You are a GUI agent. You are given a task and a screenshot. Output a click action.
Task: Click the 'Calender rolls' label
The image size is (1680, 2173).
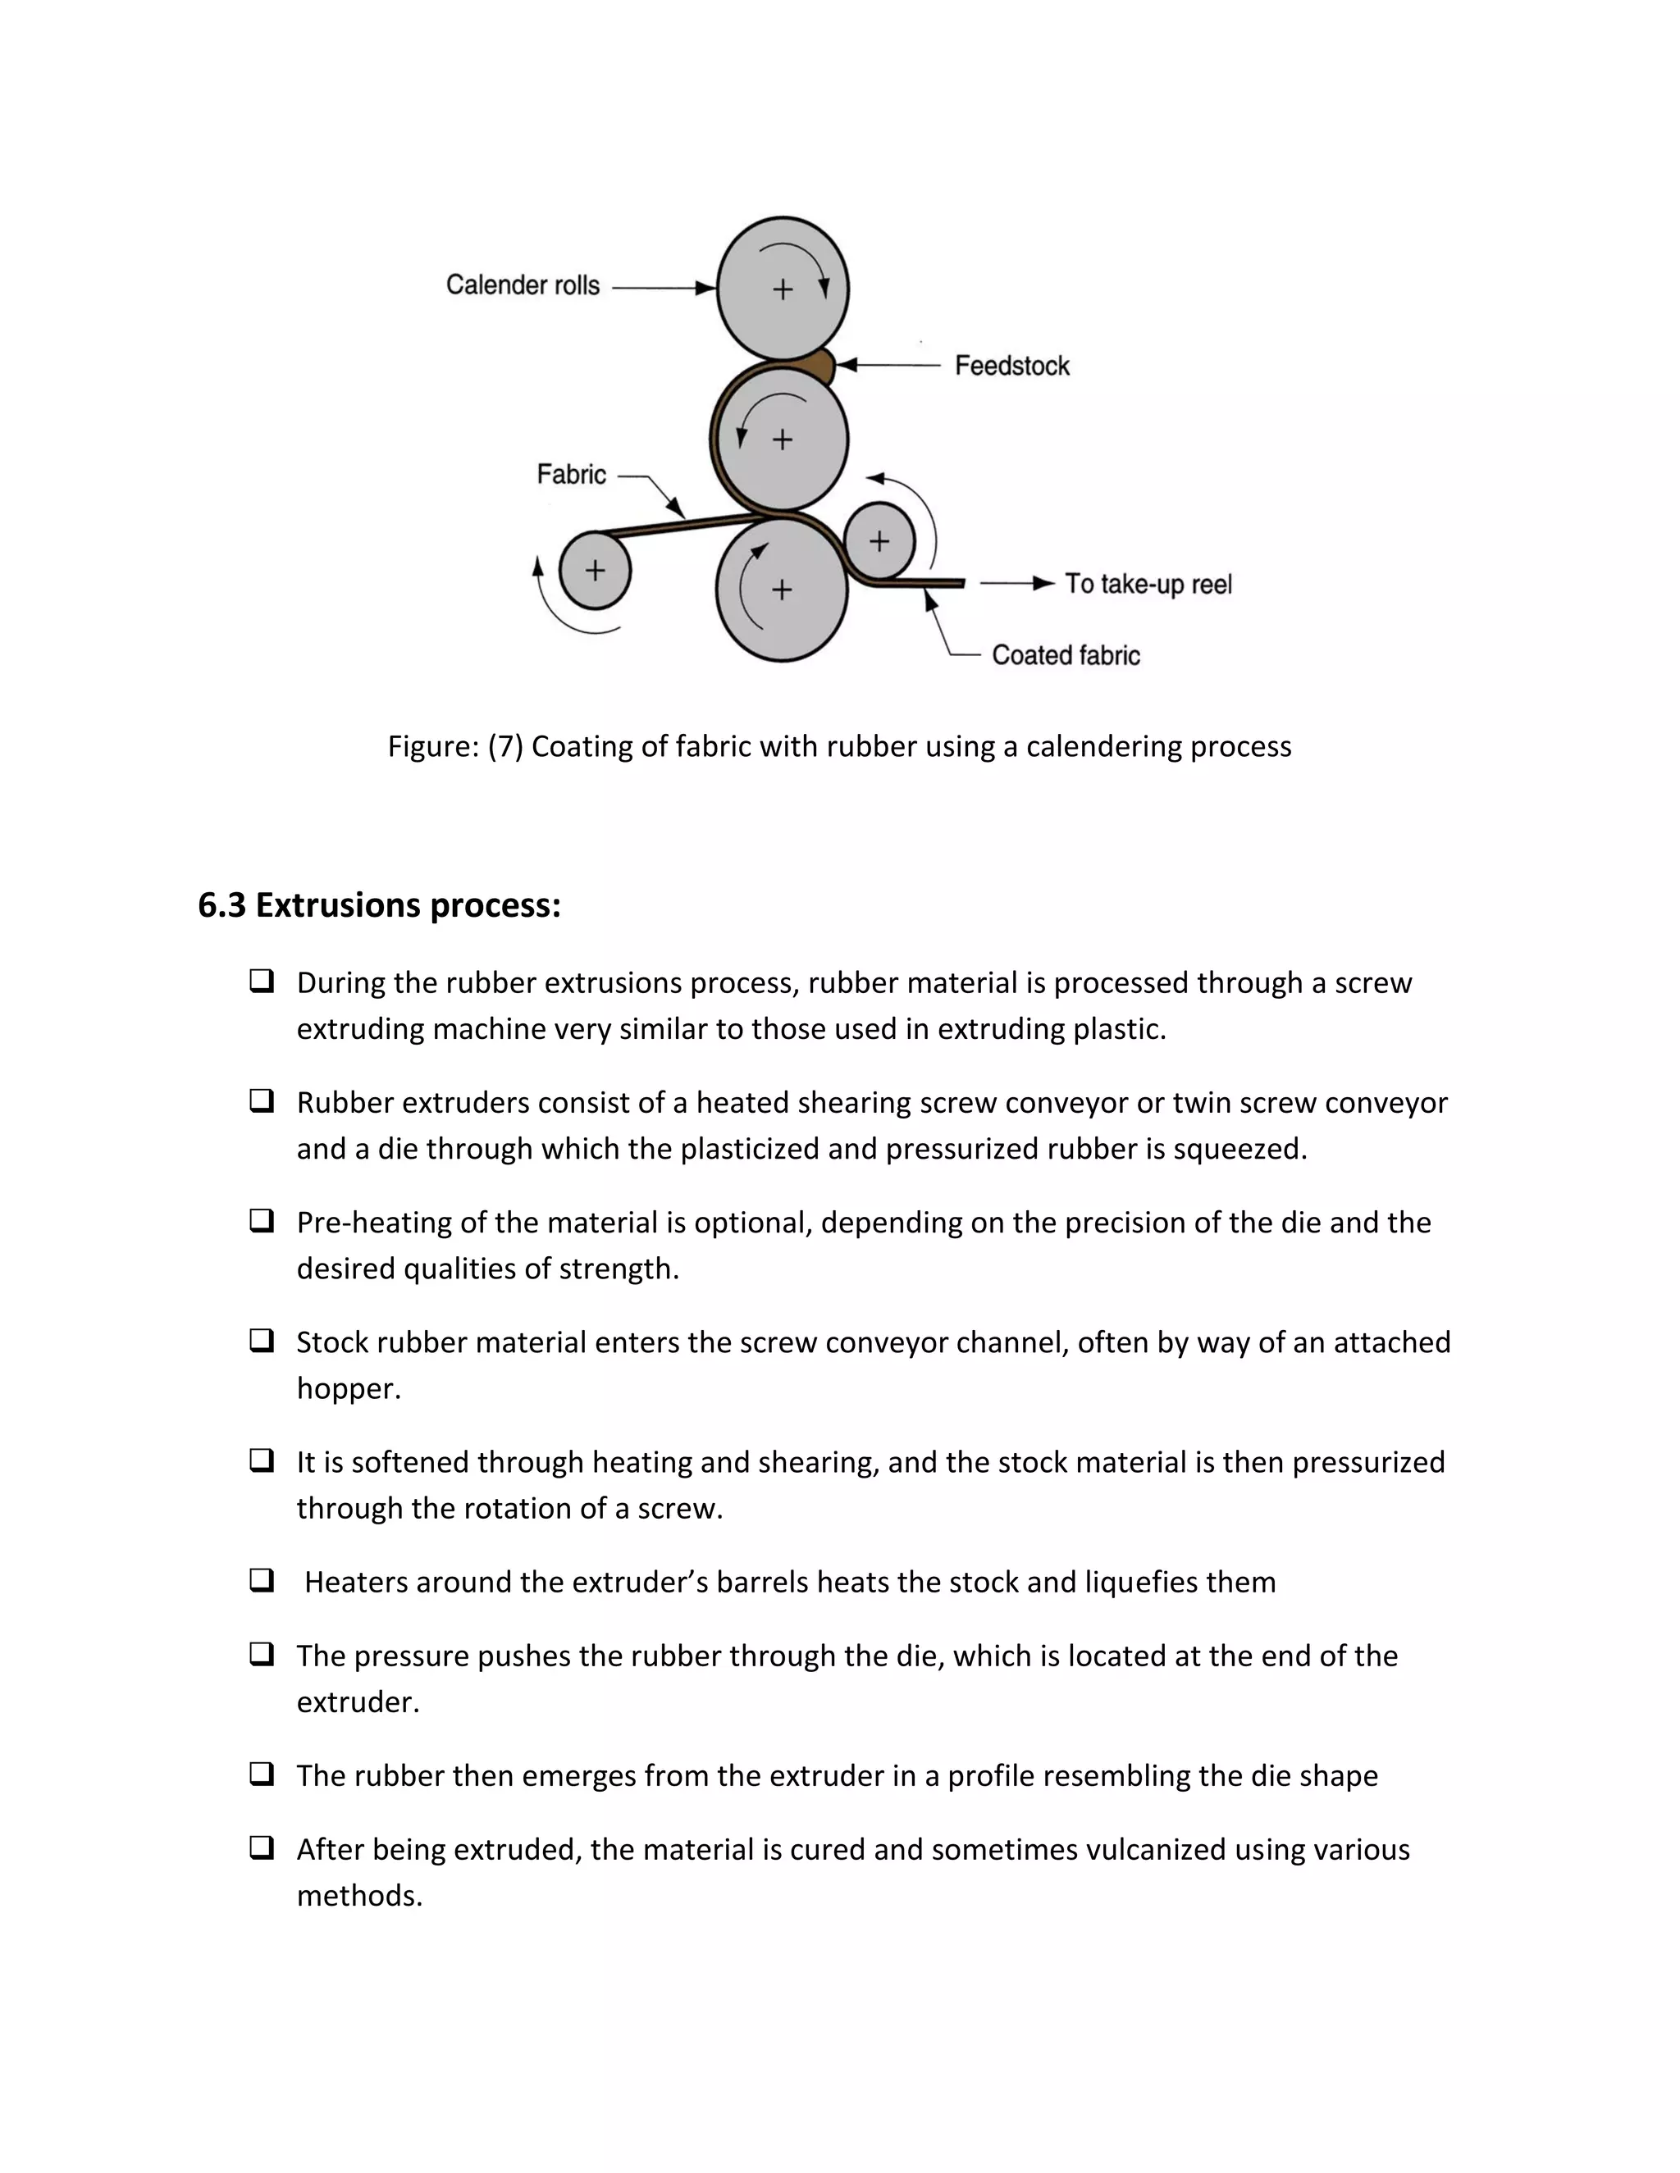(x=523, y=285)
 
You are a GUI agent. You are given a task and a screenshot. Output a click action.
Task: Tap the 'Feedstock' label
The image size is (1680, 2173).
(x=1011, y=367)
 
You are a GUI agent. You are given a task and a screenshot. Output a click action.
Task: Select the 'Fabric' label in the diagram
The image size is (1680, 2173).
(x=571, y=475)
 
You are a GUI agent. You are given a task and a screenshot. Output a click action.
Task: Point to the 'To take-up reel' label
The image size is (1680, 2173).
(x=1148, y=584)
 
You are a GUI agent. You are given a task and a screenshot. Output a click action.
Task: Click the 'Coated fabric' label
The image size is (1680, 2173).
(x=1065, y=656)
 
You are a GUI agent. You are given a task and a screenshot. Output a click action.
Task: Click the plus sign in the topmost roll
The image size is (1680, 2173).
(x=783, y=289)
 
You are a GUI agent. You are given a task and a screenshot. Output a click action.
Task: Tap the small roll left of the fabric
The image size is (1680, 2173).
(x=596, y=570)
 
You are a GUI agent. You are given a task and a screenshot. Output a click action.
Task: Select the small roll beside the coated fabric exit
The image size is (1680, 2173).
(x=879, y=540)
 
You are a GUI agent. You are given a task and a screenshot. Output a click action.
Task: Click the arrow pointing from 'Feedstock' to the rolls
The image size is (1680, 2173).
(x=888, y=365)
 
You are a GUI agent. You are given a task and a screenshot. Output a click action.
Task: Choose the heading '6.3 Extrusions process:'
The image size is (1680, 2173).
(x=379, y=905)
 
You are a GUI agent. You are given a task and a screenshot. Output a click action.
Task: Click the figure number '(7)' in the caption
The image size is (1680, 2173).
(x=505, y=746)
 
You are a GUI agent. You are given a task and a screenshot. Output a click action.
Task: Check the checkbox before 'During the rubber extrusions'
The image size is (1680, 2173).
(x=262, y=981)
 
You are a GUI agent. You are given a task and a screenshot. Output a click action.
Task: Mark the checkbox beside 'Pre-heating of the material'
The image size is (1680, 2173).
(x=262, y=1221)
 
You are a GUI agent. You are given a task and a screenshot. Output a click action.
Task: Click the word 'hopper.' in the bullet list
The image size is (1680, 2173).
(x=349, y=1389)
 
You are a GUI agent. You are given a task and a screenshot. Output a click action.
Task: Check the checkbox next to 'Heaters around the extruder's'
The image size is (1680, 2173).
(x=262, y=1580)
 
